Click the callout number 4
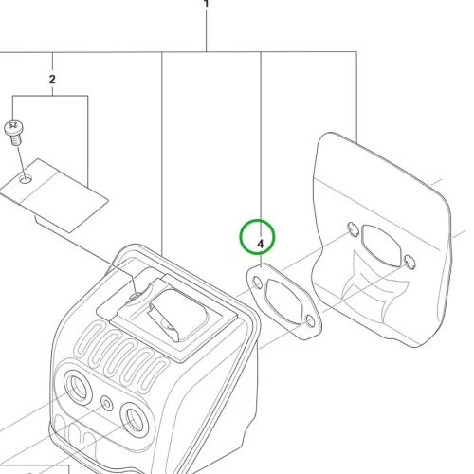coord(260,244)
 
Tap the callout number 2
coord(52,80)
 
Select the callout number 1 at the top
coord(206,3)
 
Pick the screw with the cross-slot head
coord(13,132)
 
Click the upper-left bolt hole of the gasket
coord(258,283)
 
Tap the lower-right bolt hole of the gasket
coord(310,321)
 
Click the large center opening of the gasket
coord(283,301)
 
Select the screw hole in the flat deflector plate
coord(26,180)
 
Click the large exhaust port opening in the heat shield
coord(381,246)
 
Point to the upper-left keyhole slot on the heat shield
coord(353,229)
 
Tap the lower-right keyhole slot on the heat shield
coord(410,262)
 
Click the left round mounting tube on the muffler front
coord(77,387)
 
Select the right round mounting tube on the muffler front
coord(135,420)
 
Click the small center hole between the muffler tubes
coord(107,404)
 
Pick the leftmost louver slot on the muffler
coord(89,337)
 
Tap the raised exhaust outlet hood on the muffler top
coord(177,315)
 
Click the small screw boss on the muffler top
coord(137,297)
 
